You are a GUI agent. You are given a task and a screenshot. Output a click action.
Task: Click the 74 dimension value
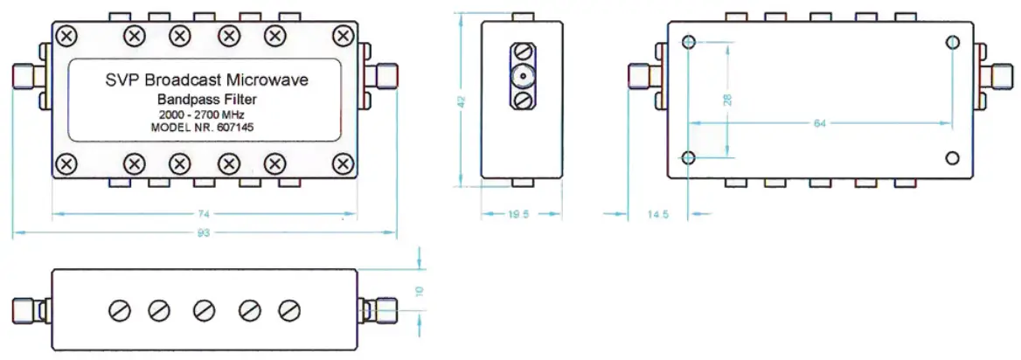[205, 212]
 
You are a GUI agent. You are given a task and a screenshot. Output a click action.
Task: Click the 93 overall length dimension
[205, 232]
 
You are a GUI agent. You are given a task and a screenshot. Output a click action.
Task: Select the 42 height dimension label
[461, 102]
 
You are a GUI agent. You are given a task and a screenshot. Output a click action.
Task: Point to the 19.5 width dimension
[519, 213]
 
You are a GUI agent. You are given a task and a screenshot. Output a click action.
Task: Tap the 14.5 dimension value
[657, 213]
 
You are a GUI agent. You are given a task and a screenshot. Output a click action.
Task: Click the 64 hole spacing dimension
[819, 123]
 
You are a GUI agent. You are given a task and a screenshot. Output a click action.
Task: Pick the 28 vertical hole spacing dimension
[727, 100]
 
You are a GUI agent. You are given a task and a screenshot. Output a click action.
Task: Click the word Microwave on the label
[267, 80]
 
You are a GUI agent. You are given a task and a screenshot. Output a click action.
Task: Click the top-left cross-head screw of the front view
[66, 36]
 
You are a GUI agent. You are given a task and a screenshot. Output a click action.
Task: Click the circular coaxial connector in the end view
[522, 77]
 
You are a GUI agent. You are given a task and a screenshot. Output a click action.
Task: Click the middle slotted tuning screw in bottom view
[205, 309]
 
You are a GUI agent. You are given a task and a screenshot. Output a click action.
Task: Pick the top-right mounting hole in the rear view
[952, 42]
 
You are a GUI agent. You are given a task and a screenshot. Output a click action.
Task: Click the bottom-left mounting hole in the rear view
[689, 158]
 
